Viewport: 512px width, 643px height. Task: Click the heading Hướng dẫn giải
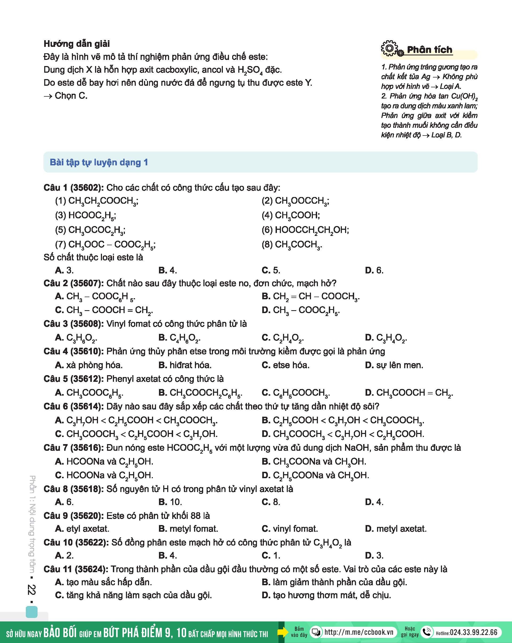click(x=77, y=44)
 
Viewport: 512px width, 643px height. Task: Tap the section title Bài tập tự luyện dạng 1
click(x=99, y=162)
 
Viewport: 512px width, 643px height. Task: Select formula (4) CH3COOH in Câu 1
click(x=291, y=215)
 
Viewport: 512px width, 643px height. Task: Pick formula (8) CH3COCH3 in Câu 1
click(x=292, y=244)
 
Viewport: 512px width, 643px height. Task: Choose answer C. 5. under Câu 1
click(x=271, y=270)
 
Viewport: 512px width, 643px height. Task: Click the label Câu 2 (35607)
click(x=73, y=283)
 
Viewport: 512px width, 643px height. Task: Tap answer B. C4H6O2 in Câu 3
click(x=179, y=338)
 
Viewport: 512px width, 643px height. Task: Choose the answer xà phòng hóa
click(x=89, y=365)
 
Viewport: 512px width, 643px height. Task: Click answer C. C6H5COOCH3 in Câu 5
click(x=296, y=392)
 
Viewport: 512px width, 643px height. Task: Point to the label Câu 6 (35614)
click(x=73, y=406)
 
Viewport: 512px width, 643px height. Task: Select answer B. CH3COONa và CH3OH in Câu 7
click(x=314, y=461)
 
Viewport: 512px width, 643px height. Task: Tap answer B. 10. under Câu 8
click(x=170, y=502)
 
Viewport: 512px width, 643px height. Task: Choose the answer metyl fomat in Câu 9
click(x=188, y=529)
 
